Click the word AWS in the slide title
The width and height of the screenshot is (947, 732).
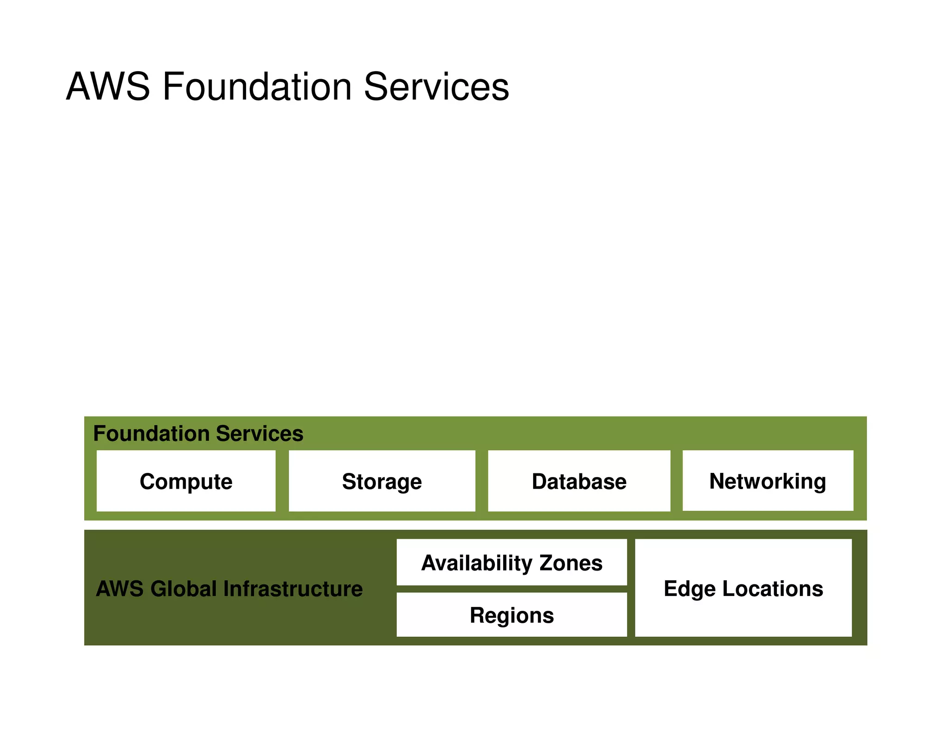[x=108, y=87]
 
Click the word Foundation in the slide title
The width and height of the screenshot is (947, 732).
[x=257, y=87]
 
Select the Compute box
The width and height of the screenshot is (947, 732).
[x=186, y=481]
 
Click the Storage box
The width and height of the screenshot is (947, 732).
[x=382, y=481]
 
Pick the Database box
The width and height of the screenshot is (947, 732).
[x=579, y=481]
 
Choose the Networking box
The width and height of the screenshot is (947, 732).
[x=768, y=481]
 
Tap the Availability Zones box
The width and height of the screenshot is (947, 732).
[x=511, y=563]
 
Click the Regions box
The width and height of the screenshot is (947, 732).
[x=511, y=615]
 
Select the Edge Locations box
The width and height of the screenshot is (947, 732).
[x=743, y=588]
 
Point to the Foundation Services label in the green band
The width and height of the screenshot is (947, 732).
[x=198, y=434]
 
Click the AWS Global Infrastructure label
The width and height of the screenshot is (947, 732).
[x=229, y=589]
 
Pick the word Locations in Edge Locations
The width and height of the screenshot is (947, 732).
[x=773, y=589]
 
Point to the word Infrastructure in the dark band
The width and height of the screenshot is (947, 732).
[x=293, y=589]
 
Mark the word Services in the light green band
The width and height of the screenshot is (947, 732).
[x=259, y=434]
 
